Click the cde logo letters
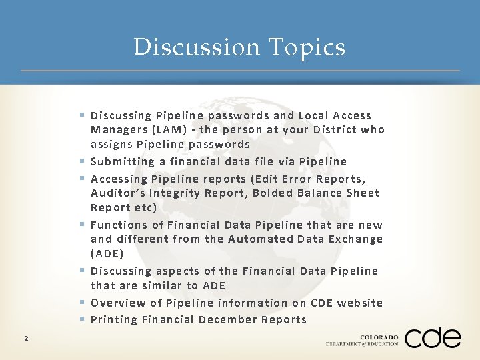coord(433,338)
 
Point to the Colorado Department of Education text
coord(362,341)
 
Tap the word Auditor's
coord(115,193)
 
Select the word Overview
coord(115,303)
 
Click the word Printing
coord(114,319)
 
